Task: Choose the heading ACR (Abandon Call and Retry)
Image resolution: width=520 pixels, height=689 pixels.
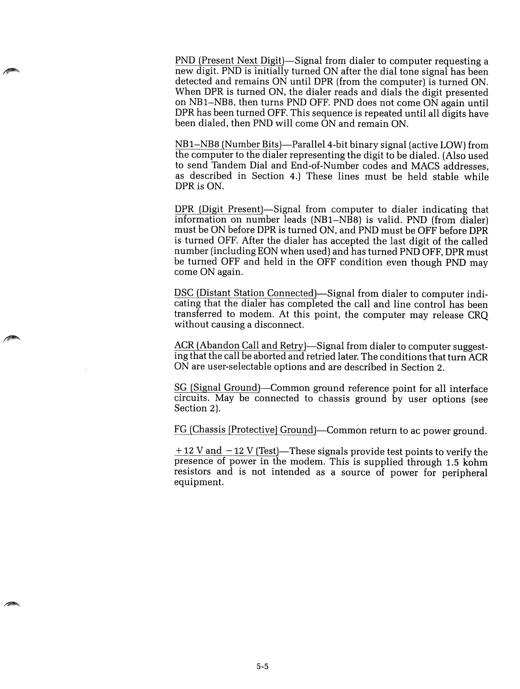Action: coord(240,346)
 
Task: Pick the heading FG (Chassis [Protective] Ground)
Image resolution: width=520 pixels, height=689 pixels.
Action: coord(245,430)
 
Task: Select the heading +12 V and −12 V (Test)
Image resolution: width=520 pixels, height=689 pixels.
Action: coord(226,451)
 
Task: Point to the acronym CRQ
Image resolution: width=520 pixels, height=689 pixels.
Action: coord(478,314)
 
